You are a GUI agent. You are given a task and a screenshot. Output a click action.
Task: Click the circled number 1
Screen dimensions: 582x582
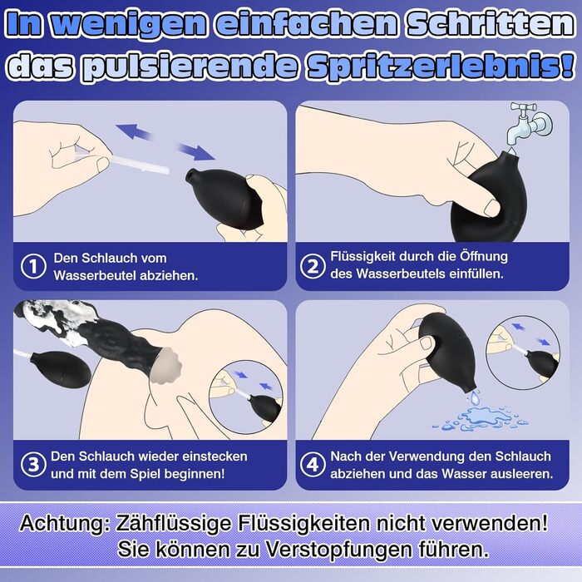(x=33, y=266)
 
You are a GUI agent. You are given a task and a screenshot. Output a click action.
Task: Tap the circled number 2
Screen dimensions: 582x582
(x=313, y=266)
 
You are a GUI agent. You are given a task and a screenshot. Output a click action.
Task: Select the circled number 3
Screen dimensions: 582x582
(x=33, y=464)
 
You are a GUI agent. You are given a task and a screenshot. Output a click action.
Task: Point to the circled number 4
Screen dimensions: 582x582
(x=313, y=464)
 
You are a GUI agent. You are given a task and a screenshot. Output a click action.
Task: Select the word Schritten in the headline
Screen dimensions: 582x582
(x=490, y=24)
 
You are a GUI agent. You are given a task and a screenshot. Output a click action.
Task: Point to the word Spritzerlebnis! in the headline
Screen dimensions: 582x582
(x=441, y=67)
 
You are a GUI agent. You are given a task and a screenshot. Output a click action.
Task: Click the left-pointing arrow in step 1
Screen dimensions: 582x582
(x=135, y=131)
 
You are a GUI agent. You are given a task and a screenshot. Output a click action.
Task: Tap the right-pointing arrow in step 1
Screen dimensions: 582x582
(x=195, y=151)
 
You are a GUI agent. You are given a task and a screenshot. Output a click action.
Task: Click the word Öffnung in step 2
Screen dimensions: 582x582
(x=484, y=256)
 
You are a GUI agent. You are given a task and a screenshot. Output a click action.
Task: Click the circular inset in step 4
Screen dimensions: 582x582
(x=523, y=353)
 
